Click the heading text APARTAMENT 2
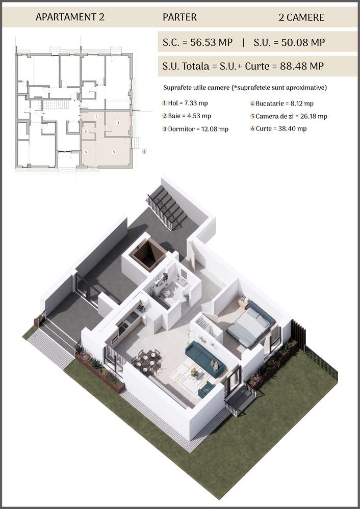pyautogui.click(x=70, y=17)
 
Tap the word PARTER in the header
pyautogui.click(x=179, y=17)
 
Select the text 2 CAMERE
pyautogui.click(x=301, y=17)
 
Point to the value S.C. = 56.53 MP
pyautogui.click(x=197, y=42)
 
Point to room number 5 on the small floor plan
pyautogui.click(x=115, y=152)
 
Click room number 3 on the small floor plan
pyautogui.click(x=118, y=123)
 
